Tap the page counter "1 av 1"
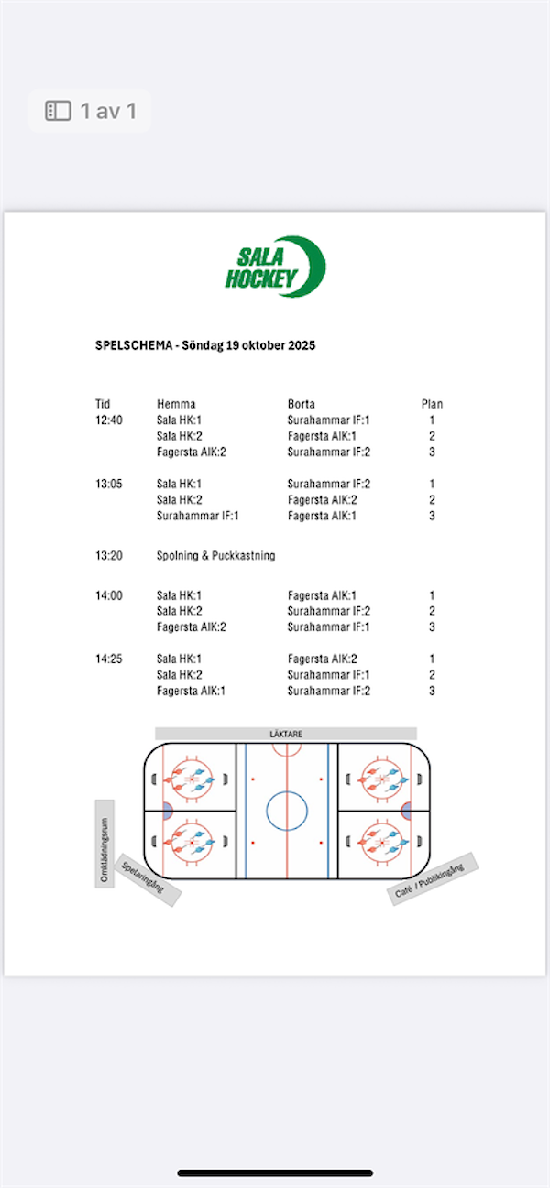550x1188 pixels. (x=108, y=112)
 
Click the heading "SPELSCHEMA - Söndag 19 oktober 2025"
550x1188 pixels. (x=205, y=345)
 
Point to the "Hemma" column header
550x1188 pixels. (x=176, y=404)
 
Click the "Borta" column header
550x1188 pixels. (x=302, y=404)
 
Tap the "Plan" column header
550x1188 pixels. (x=432, y=404)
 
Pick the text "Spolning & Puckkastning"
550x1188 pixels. (x=215, y=555)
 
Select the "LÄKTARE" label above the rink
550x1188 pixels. (x=286, y=734)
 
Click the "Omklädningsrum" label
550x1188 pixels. (x=104, y=844)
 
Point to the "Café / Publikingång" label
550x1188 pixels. (x=433, y=878)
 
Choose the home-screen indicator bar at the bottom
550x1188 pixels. (x=275, y=1172)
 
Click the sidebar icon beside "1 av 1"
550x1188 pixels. (x=59, y=112)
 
